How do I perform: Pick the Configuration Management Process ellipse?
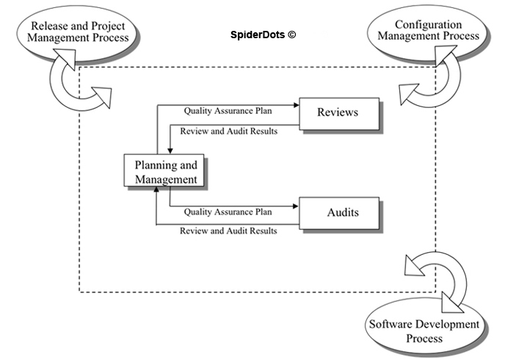tap(437, 33)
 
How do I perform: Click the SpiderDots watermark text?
tap(258, 35)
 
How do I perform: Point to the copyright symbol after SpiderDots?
tap(292, 35)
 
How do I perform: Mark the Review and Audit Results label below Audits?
tap(228, 231)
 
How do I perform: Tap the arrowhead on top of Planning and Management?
tap(170, 151)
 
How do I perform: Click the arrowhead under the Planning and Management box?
tap(156, 191)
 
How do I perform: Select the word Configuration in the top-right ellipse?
tap(438, 25)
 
